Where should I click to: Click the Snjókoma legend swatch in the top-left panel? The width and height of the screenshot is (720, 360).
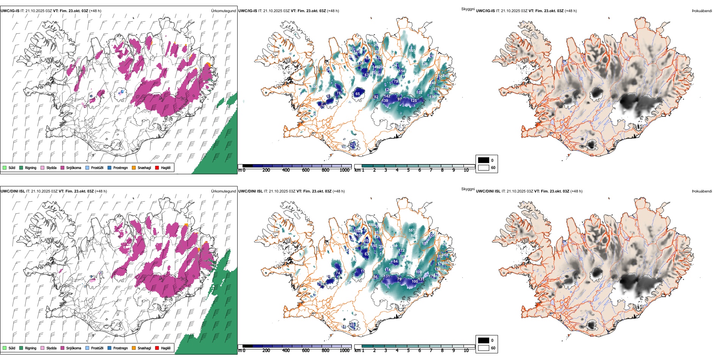62,167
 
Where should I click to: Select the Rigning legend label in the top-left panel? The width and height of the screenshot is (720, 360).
31,167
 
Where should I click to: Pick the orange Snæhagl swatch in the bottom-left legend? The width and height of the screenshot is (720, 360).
134,348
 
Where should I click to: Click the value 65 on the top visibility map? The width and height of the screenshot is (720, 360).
358,94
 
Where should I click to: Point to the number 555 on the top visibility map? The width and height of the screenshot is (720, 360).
412,50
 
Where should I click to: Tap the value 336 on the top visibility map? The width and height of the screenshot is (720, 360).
425,64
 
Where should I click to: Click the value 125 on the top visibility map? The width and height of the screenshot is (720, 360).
413,101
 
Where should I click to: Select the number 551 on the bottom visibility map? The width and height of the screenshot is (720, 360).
412,230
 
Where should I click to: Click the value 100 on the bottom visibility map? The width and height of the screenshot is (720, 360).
415,281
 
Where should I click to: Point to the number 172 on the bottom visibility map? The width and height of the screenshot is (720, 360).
402,250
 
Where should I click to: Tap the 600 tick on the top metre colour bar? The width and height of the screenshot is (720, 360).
306,171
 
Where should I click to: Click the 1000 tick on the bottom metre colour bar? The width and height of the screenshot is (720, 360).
344,351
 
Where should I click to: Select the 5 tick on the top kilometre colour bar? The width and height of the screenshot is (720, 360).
409,171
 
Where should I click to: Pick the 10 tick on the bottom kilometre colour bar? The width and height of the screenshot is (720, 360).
466,351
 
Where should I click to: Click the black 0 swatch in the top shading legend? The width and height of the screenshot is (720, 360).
484,160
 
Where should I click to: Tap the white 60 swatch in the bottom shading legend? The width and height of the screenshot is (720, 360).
484,348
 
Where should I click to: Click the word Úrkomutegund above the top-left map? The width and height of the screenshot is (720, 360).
223,11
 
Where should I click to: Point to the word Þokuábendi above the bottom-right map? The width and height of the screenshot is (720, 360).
702,191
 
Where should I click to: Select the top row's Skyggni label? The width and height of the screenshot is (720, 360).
468,9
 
